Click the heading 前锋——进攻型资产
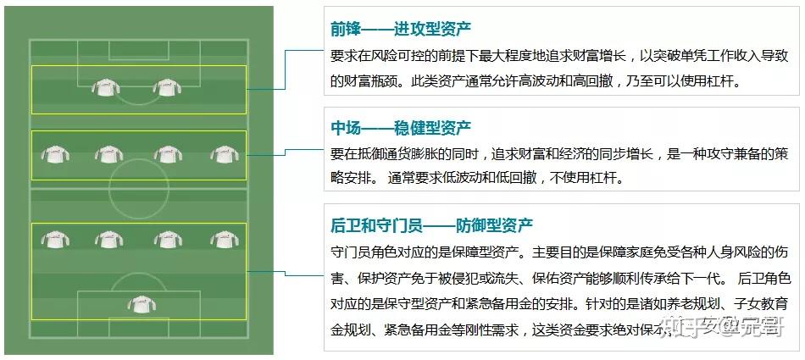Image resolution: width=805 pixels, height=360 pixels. [x=401, y=30]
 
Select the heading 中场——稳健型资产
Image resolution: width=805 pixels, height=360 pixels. [x=401, y=128]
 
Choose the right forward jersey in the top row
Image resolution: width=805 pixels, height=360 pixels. [x=167, y=86]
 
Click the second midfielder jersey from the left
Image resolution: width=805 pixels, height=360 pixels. [x=108, y=154]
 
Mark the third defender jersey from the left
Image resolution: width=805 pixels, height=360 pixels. [x=166, y=241]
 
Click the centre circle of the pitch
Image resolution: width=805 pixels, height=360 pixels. [x=138, y=182]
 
